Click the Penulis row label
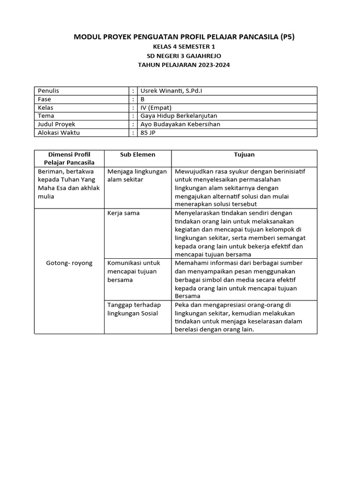click(48, 91)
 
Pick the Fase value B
click(143, 99)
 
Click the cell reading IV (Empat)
click(156, 107)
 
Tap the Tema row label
click(46, 116)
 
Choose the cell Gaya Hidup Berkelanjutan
click(179, 116)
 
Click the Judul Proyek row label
click(56, 124)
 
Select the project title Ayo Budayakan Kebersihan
click(180, 124)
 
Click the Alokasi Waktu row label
click(59, 133)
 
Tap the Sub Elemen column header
click(137, 154)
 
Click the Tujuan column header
click(244, 154)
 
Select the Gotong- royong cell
click(69, 263)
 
